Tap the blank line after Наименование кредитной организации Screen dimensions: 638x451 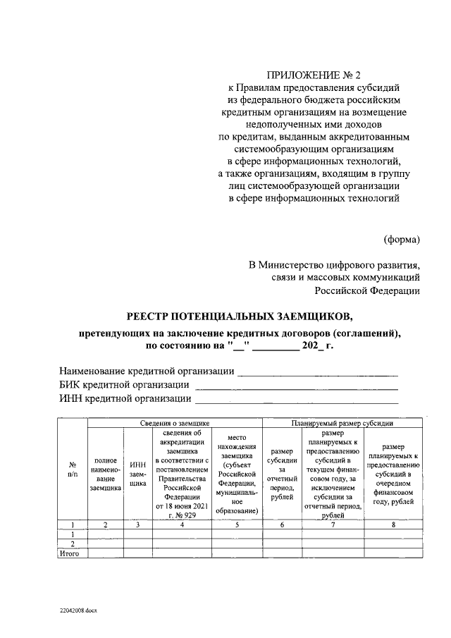pos(317,372)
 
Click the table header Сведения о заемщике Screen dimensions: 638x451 pos(174,423)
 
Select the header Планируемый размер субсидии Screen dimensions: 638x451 pos(342,423)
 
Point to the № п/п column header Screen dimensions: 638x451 pos(72,470)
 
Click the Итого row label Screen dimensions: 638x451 pos(72,553)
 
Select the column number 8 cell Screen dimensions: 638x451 pos(393,524)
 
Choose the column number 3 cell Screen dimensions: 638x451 pos(138,524)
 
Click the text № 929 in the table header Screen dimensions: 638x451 pos(185,515)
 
